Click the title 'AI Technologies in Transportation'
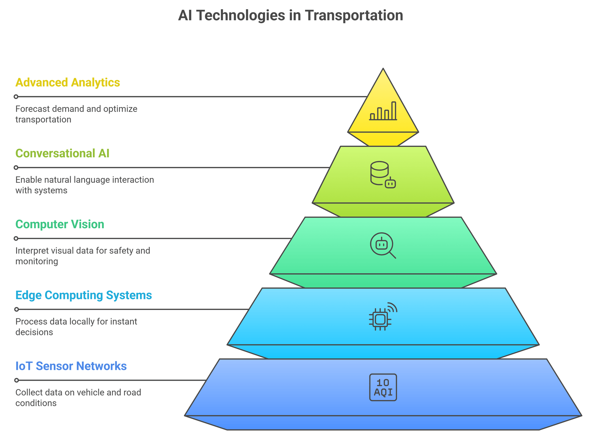(290, 15)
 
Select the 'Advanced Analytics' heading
(68, 83)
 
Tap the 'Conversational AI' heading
(62, 154)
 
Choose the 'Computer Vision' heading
(60, 224)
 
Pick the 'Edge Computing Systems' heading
(84, 295)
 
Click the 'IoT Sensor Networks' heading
(71, 366)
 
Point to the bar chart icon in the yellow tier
(383, 111)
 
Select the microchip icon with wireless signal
(382, 317)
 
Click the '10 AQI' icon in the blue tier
(383, 387)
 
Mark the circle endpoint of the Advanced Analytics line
(16, 97)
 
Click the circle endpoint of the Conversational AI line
(16, 168)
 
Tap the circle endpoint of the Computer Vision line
(16, 238)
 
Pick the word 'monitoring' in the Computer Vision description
(37, 261)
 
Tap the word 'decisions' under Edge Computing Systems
(34, 332)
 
